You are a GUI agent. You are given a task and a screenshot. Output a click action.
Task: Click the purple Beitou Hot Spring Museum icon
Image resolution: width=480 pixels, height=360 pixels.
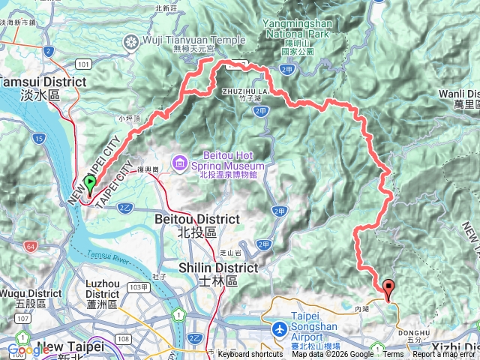point(179,161)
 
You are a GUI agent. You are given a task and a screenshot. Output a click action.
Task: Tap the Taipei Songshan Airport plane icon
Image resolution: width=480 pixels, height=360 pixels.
point(279,330)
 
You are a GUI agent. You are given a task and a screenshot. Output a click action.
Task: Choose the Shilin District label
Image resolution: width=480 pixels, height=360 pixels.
point(218,268)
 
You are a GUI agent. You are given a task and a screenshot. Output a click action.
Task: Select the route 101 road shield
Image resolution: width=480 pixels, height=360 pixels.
point(82,65)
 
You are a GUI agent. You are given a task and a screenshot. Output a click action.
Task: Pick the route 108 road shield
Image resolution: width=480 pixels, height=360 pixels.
point(123,339)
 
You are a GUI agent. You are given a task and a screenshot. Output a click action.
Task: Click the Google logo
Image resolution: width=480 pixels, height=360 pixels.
point(28,350)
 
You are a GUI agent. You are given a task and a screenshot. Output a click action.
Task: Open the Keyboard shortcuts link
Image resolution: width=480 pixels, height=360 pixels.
point(250,355)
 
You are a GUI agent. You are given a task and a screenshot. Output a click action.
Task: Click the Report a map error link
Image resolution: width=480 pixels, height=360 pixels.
point(443,355)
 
